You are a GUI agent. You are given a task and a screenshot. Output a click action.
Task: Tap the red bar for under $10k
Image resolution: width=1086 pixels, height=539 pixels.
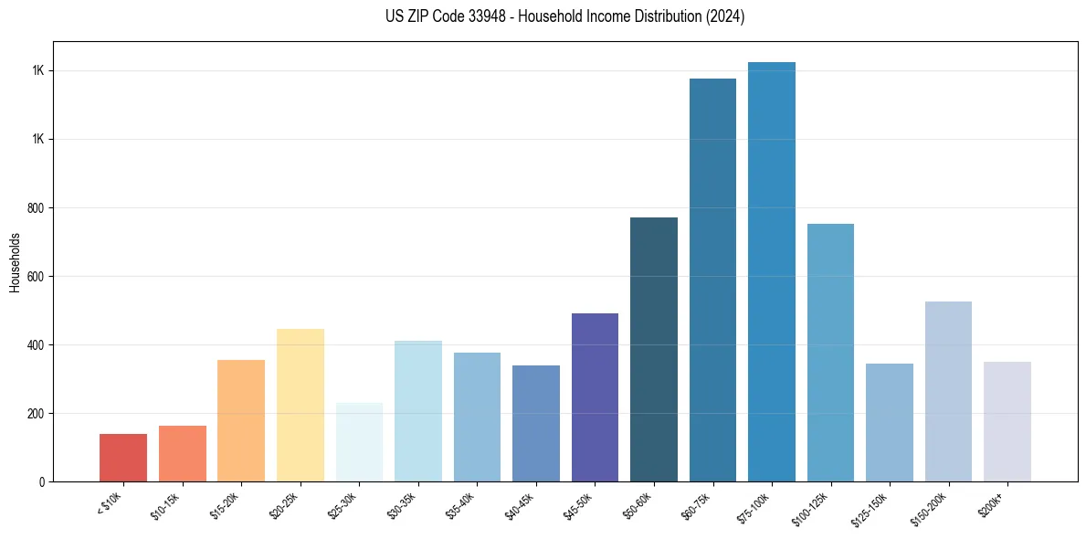click(123, 458)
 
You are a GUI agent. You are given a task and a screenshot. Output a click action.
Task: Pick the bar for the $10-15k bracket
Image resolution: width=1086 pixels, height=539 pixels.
click(182, 453)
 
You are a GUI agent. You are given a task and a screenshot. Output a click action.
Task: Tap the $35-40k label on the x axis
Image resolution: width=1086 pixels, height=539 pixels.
click(465, 505)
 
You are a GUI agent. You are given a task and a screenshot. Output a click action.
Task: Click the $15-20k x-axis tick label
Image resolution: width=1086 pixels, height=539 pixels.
click(229, 505)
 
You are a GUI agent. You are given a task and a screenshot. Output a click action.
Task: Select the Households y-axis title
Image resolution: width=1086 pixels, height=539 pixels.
click(15, 261)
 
